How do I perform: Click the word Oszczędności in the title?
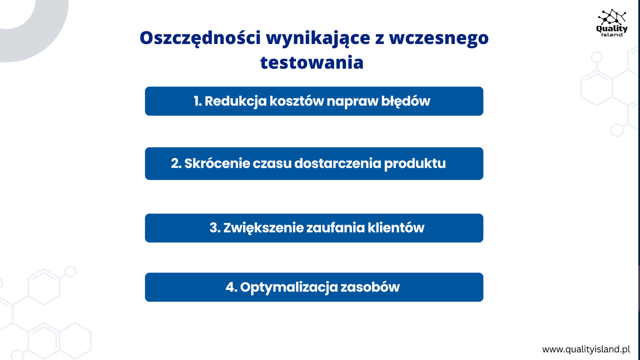(200, 38)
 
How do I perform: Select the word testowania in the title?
(312, 62)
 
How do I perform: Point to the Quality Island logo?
(612, 23)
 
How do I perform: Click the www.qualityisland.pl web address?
(586, 350)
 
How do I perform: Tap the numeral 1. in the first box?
(198, 101)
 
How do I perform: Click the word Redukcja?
(236, 102)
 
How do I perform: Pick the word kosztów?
(296, 102)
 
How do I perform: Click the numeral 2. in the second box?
(176, 164)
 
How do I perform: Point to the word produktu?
(414, 164)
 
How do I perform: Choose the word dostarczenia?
(338, 164)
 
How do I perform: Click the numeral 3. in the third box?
(215, 228)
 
